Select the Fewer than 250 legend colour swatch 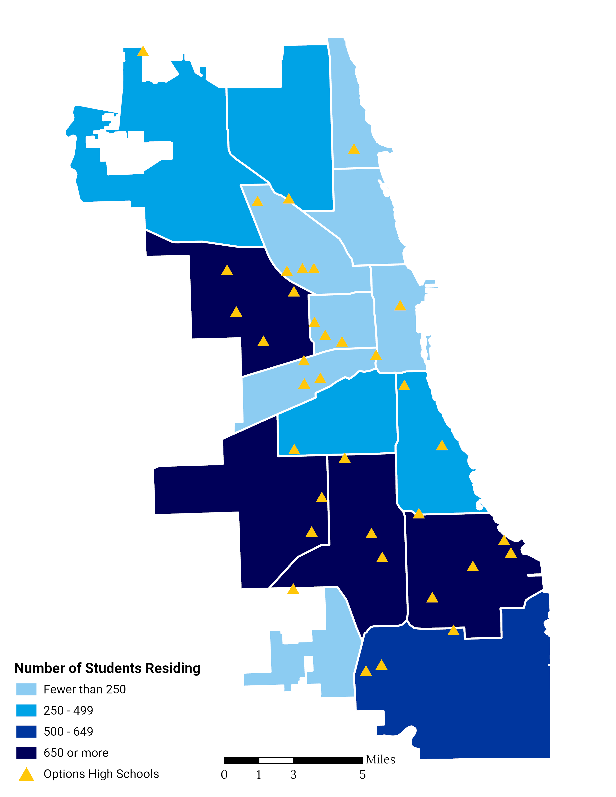click(x=26, y=689)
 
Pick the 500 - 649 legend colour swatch click(x=26, y=731)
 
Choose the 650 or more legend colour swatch click(x=26, y=753)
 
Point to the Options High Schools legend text click(x=101, y=774)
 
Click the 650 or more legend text click(x=76, y=753)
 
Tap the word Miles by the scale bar click(x=380, y=759)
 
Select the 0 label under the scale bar click(x=224, y=774)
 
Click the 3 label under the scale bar click(x=293, y=774)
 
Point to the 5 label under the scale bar click(x=362, y=774)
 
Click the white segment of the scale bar click(x=276, y=760)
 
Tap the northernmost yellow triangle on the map click(x=143, y=51)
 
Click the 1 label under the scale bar click(x=258, y=774)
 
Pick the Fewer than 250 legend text click(x=85, y=689)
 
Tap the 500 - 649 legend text click(x=68, y=731)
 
